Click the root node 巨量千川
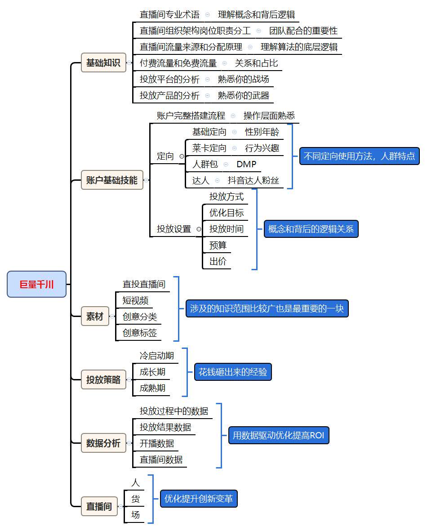pyautogui.click(x=36, y=284)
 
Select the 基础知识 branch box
pyautogui.click(x=103, y=62)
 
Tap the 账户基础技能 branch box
pyautogui.click(x=112, y=180)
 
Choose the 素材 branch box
pyautogui.click(x=95, y=317)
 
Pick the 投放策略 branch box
pyautogui.click(x=103, y=379)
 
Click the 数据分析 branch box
pyautogui.click(x=103, y=443)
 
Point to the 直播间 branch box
pyautogui.click(x=99, y=506)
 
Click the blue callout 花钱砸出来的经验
pyautogui.click(x=233, y=372)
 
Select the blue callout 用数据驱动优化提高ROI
pyautogui.click(x=279, y=435)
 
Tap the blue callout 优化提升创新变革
pyautogui.click(x=199, y=499)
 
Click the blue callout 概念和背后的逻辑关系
pyautogui.click(x=311, y=229)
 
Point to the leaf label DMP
pyautogui.click(x=246, y=164)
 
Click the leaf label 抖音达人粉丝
pyautogui.click(x=254, y=180)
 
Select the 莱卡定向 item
pyautogui.click(x=209, y=148)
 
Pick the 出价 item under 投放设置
pyautogui.click(x=218, y=261)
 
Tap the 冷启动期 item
pyautogui.click(x=157, y=356)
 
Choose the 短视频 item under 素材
pyautogui.click(x=136, y=300)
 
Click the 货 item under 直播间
pyautogui.click(x=135, y=499)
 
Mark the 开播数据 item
pyautogui.click(x=157, y=443)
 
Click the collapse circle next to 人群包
pyautogui.click(x=226, y=165)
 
